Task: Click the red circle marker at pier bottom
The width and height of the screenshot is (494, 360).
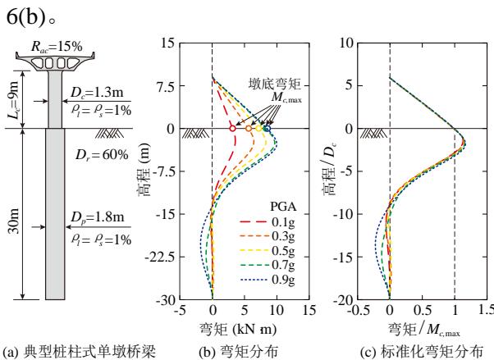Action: click(232, 129)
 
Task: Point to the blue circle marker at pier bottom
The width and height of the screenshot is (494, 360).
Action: click(268, 129)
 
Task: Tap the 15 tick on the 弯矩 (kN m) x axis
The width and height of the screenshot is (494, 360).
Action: click(309, 312)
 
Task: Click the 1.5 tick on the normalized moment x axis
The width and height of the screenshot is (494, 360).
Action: click(483, 312)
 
